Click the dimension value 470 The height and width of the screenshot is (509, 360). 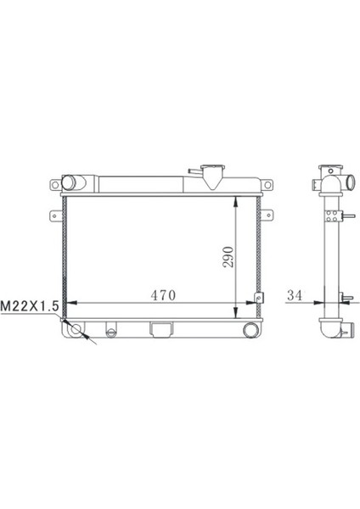[x=163, y=295]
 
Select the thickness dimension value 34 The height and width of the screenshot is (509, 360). [x=295, y=295]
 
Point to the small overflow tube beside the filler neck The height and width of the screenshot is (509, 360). [x=194, y=173]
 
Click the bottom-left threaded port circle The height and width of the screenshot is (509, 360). [x=76, y=329]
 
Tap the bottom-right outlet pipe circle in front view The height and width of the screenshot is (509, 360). [x=250, y=330]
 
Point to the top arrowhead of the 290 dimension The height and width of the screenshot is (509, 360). [x=237, y=199]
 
